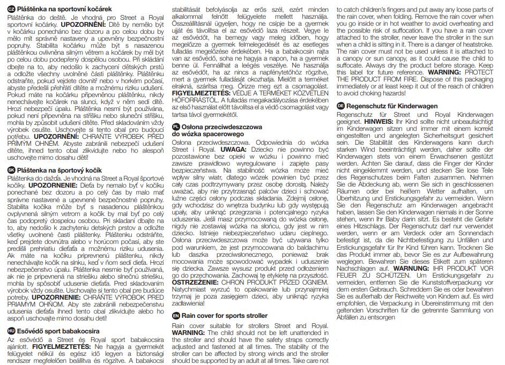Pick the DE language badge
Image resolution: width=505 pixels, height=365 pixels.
tap(341, 106)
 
